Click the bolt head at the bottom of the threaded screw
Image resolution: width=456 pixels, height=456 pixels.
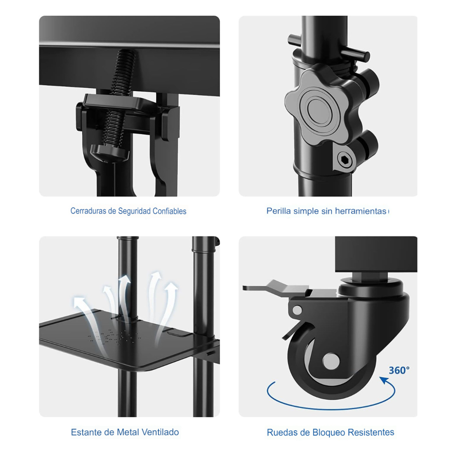click(109, 153)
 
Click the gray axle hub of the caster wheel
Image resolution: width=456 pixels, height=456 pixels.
click(331, 361)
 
